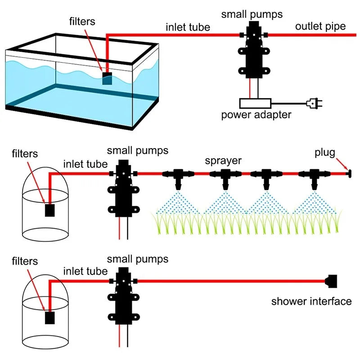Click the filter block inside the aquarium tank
[107, 79]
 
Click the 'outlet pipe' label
[320, 26]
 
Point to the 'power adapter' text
[256, 115]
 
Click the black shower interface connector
[332, 282]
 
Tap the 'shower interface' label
[311, 301]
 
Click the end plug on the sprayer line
[348, 173]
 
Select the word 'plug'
[325, 153]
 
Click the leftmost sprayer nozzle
[179, 177]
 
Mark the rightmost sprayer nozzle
[314, 177]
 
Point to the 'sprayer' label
[223, 161]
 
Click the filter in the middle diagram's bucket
[49, 210]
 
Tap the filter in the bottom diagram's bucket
[49, 318]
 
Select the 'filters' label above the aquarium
[83, 21]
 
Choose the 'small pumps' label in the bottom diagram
[138, 259]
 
